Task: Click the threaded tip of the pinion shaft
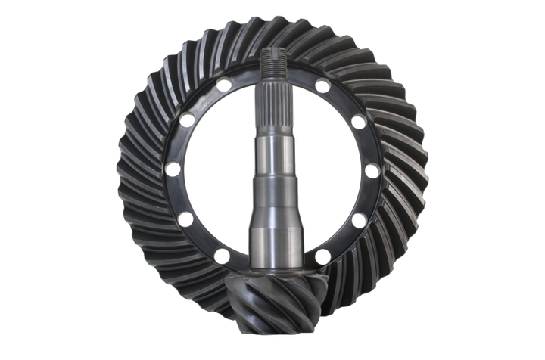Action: (x=272, y=61)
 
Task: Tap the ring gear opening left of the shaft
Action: (x=220, y=182)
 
